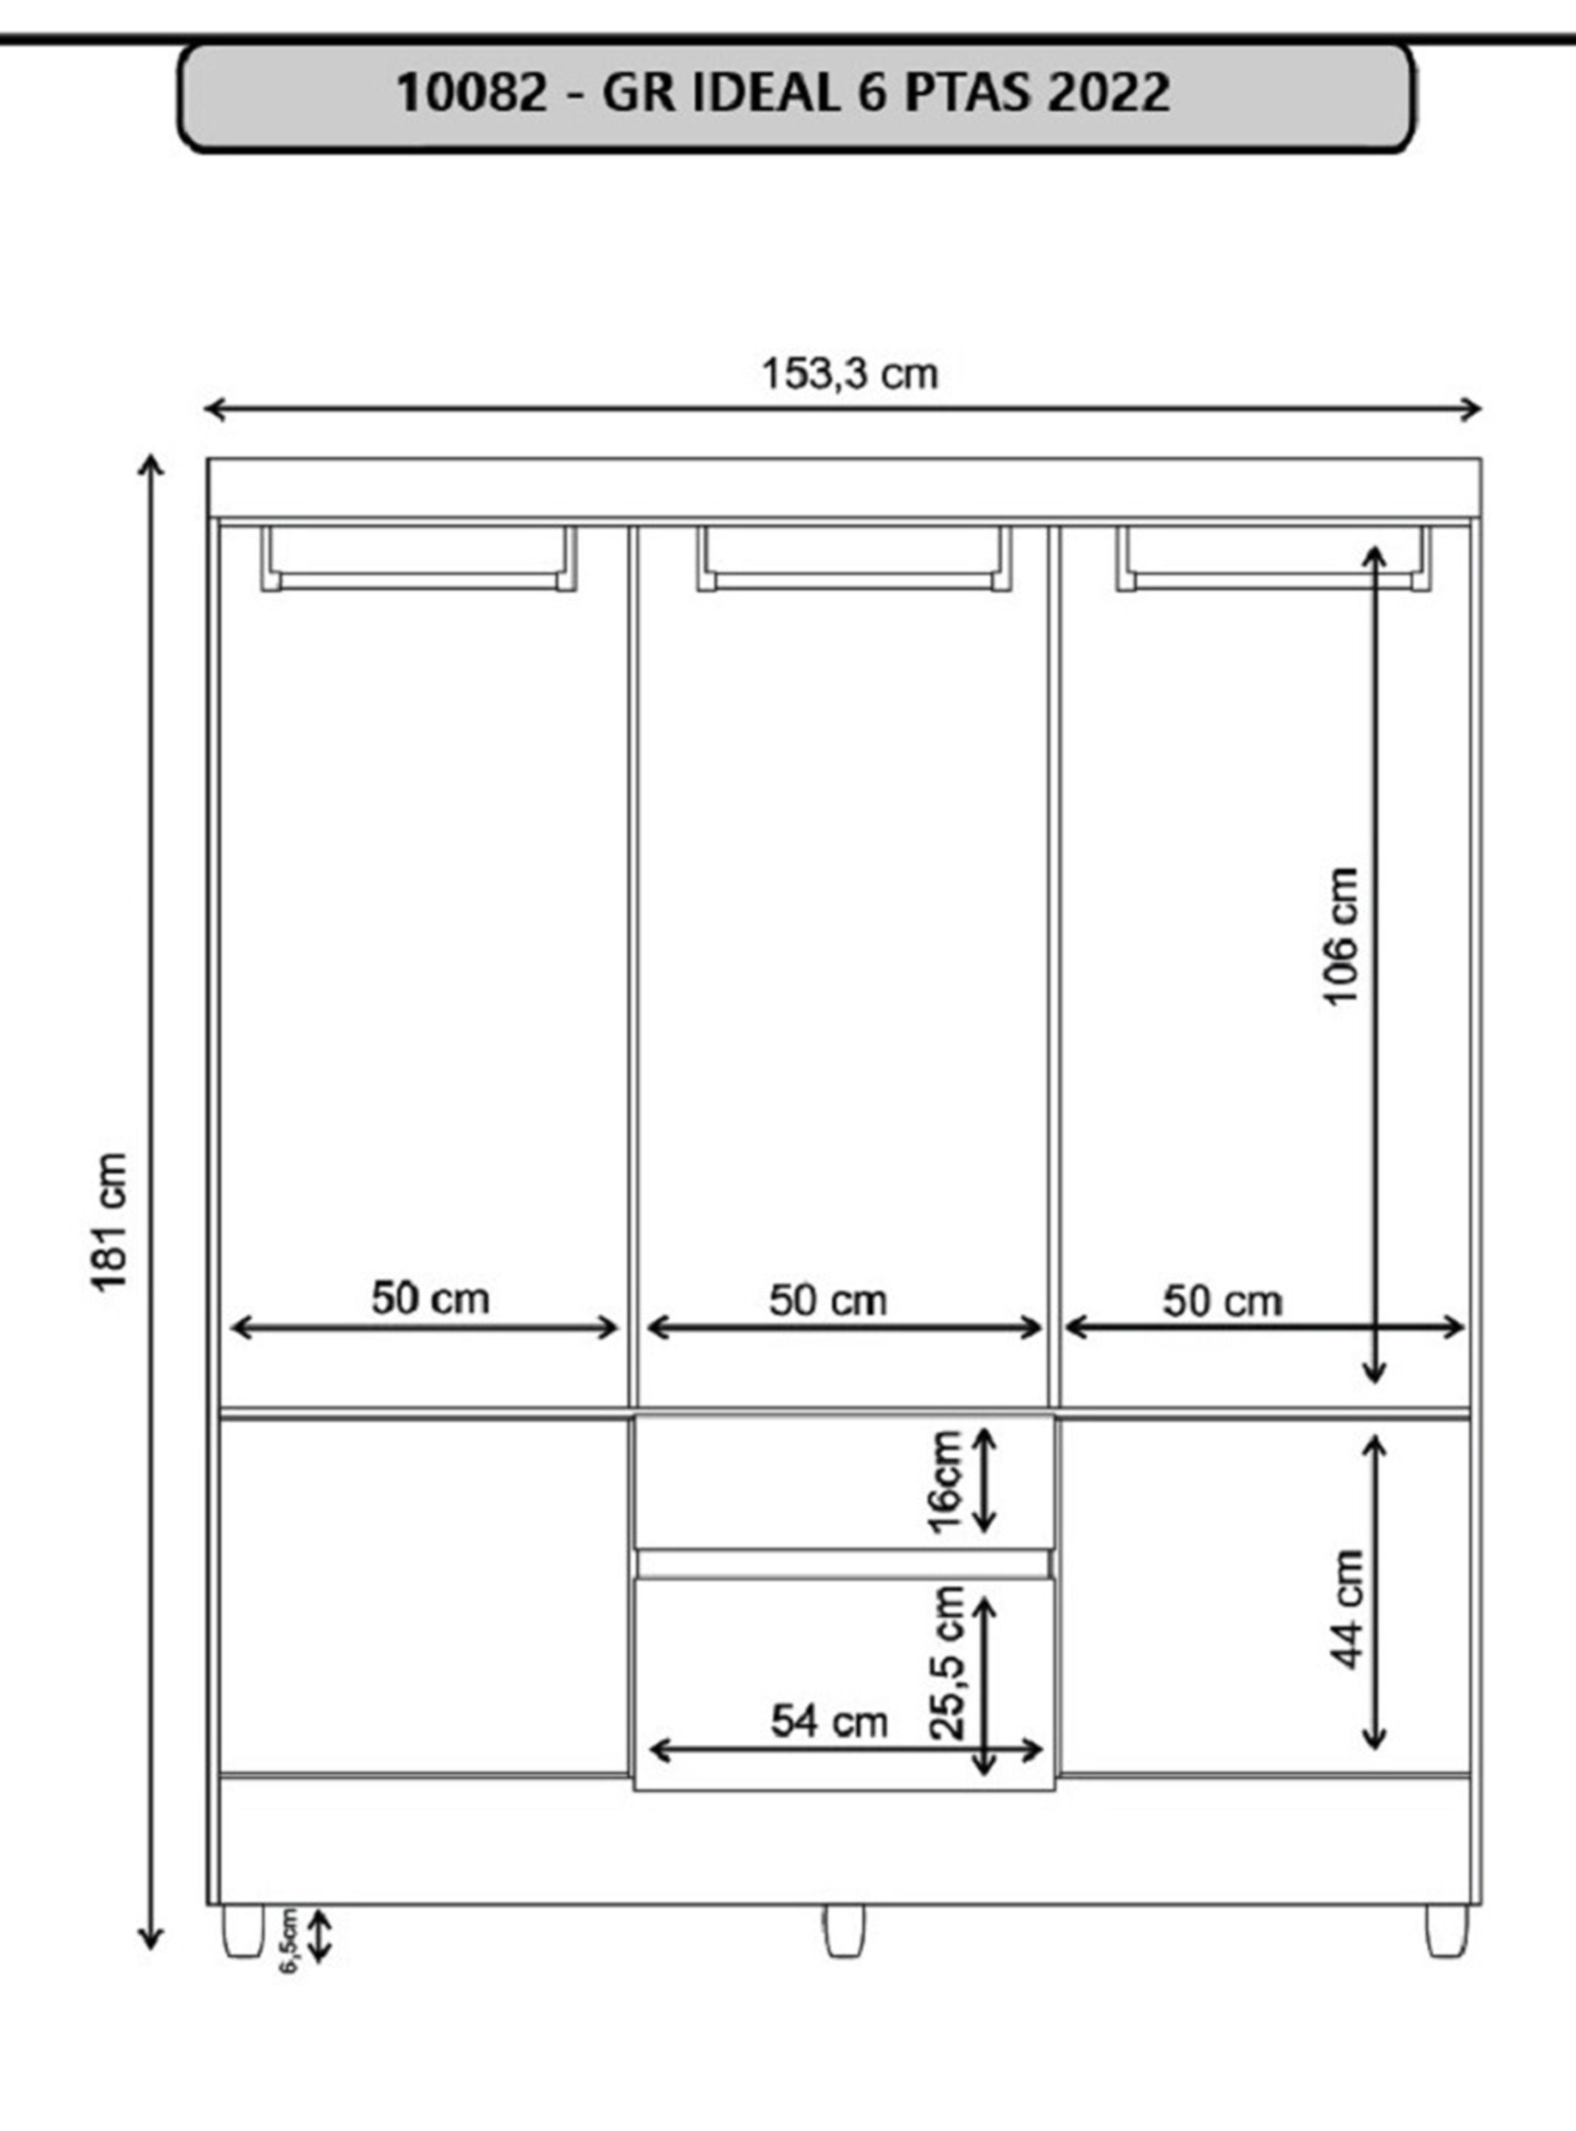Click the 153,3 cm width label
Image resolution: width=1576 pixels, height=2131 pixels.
pyautogui.click(x=849, y=374)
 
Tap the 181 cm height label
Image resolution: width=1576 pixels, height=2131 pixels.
pyautogui.click(x=110, y=1222)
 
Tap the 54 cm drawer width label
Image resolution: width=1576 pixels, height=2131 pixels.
pyautogui.click(x=829, y=1722)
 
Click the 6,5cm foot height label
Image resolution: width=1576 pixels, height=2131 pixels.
pyautogui.click(x=290, y=1939)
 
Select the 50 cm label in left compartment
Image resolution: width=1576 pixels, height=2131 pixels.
pyautogui.click(x=430, y=1299)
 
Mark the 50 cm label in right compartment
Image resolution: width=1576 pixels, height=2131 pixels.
pyautogui.click(x=1222, y=1302)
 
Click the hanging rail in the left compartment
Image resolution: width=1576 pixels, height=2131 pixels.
pyautogui.click(x=419, y=581)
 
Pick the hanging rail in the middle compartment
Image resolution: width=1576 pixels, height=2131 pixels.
pyautogui.click(x=854, y=581)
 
